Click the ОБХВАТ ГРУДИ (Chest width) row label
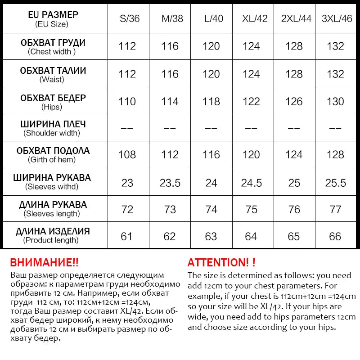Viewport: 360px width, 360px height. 53,47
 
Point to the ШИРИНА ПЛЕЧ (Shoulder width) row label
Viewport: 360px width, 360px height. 53,128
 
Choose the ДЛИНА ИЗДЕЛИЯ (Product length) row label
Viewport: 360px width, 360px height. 53,235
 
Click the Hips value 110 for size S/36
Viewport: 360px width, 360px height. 127,102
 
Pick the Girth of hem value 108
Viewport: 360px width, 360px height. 127,155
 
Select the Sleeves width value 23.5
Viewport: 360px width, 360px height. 170,183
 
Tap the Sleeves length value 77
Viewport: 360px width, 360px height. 335,210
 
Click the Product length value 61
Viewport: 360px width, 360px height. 127,237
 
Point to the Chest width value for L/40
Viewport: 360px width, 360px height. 211,46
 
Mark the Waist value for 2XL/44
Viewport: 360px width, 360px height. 294,74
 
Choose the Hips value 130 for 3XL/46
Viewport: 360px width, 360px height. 335,102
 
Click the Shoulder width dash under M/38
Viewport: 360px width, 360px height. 170,128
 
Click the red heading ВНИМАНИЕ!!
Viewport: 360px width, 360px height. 44,262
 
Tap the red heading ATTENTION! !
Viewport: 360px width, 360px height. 221,262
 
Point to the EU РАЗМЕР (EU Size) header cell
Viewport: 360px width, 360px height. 53,19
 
